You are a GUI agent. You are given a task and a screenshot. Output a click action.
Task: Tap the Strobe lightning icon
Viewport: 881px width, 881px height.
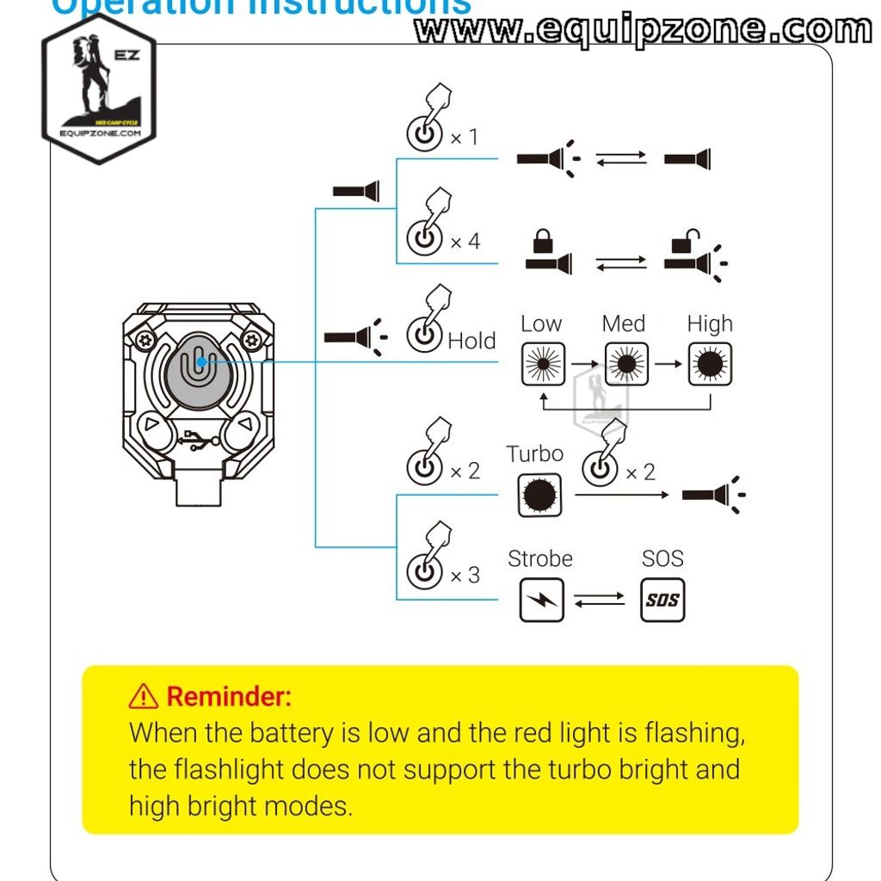coord(541,600)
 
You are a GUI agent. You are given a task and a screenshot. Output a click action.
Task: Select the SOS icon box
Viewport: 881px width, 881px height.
coord(662,600)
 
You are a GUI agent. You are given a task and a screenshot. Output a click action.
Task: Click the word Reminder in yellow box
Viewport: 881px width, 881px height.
coord(228,696)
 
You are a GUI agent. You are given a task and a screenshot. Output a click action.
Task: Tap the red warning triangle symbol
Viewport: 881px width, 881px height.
coord(144,696)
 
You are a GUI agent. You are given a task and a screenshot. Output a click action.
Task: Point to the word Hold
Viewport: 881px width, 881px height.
coord(471,341)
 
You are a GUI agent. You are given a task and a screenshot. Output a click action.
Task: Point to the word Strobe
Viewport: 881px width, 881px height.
coord(539,558)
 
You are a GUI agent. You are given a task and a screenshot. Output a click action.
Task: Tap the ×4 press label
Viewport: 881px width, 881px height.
coord(465,242)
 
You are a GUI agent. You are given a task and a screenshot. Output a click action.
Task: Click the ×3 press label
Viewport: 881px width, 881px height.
coord(465,575)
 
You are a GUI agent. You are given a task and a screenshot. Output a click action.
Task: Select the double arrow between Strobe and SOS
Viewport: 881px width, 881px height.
coord(599,600)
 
